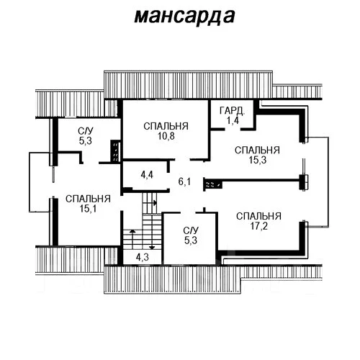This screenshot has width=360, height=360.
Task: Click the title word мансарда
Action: [184, 17]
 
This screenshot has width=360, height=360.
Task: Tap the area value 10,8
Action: [166, 136]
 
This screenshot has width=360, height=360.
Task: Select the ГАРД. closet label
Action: [232, 111]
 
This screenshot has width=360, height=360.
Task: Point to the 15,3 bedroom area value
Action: [257, 160]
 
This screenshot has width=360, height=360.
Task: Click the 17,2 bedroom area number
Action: [258, 226]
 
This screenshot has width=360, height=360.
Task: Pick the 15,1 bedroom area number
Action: [88, 209]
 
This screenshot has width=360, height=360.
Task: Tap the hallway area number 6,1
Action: [184, 181]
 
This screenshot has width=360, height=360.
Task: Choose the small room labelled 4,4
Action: [147, 175]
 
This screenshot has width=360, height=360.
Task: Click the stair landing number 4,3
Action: [143, 257]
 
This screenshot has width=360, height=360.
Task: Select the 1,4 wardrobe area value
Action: [233, 120]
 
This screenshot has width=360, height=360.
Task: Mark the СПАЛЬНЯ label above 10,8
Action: [166, 126]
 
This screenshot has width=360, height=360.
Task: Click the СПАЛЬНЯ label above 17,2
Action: [258, 216]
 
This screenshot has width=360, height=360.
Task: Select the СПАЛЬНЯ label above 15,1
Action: [88, 199]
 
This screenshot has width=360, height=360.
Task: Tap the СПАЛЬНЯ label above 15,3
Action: [257, 150]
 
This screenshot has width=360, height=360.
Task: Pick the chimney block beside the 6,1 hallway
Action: [212, 184]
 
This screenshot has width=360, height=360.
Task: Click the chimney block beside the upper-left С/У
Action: [115, 151]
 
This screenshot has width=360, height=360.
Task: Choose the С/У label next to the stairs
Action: [191, 230]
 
